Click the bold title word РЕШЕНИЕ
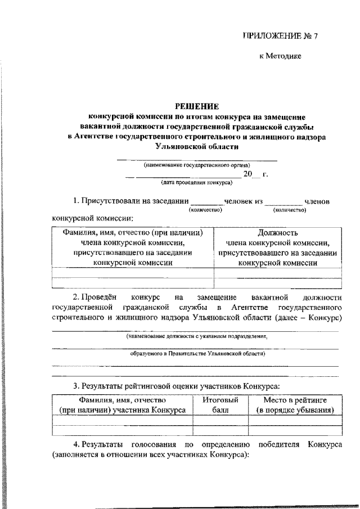pyautogui.click(x=196, y=105)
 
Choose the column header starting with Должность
pyautogui.click(x=278, y=247)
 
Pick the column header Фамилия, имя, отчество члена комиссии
pyautogui.click(x=133, y=247)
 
